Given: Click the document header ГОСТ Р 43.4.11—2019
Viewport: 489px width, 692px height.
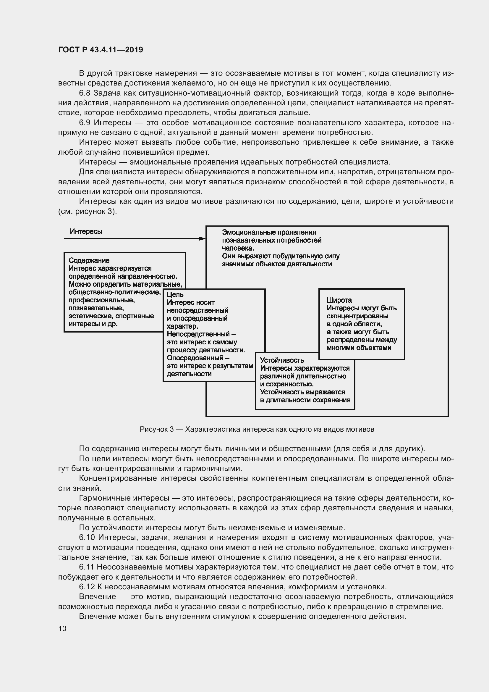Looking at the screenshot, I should (101, 50).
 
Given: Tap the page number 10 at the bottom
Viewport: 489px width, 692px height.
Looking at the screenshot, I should (62, 628).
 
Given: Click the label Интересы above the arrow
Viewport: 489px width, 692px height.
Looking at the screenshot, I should (86, 231).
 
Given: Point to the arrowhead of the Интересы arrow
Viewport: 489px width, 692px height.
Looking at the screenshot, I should (203, 239).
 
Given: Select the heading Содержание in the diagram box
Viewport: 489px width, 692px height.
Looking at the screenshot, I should (89, 260).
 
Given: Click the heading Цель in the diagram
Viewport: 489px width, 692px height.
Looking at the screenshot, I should (175, 294).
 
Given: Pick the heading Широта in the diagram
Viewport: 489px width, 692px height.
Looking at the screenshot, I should (339, 300).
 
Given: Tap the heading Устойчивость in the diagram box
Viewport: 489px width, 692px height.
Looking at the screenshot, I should (282, 360).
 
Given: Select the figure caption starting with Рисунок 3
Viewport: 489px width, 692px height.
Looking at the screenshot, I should (257, 429).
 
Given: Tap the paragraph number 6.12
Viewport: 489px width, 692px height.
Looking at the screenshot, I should (87, 587).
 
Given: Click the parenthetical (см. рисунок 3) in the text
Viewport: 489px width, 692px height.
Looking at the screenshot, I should (87, 211).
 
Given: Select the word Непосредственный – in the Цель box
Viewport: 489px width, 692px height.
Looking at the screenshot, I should (201, 334).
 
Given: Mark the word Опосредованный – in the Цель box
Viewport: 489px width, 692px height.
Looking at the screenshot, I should (198, 358).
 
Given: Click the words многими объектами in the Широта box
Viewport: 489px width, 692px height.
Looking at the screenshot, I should (359, 348).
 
